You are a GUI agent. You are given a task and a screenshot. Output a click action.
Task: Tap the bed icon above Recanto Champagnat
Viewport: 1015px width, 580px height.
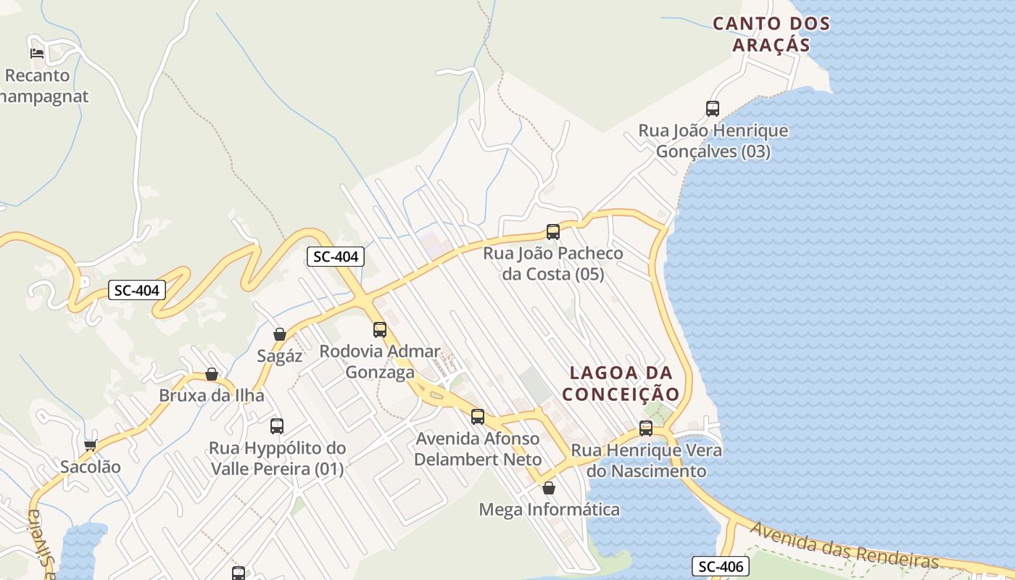pos(37,53)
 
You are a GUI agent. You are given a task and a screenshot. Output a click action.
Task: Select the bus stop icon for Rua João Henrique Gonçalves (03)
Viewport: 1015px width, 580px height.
pos(713,109)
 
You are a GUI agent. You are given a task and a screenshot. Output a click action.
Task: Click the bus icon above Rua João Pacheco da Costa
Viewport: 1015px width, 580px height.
pos(553,232)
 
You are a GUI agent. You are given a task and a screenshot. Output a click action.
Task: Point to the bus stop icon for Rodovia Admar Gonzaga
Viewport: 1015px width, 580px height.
pos(380,330)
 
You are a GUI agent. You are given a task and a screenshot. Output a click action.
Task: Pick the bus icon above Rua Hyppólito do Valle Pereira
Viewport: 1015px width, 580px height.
pos(277,426)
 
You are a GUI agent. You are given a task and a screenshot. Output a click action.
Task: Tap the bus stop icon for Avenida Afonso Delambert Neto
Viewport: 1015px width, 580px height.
pos(478,417)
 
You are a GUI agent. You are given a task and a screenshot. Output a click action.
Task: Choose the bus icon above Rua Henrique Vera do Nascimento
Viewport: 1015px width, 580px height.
pos(646,428)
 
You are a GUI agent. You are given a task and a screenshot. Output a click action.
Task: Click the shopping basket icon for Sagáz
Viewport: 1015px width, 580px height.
pos(279,334)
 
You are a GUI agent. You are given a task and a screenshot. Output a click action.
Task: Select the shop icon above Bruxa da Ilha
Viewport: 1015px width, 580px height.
pos(212,374)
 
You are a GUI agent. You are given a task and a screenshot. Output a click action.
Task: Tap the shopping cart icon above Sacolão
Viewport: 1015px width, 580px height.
pos(90,444)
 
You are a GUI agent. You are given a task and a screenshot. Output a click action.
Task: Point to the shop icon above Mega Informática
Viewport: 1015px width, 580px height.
pos(549,488)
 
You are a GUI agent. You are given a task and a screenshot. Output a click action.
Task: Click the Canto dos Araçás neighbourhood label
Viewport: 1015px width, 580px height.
pos(771,33)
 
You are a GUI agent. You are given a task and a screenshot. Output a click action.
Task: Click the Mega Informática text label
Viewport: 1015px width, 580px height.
pos(550,510)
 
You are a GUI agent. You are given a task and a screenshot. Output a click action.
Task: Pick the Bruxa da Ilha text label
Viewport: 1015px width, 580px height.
pos(212,396)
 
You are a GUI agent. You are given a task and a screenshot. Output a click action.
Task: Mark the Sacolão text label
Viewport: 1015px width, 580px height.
pos(91,466)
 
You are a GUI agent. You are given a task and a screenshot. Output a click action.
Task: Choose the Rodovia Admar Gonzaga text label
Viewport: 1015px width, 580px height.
pos(380,362)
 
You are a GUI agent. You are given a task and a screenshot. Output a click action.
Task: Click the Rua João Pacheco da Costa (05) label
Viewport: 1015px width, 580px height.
pos(553,264)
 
